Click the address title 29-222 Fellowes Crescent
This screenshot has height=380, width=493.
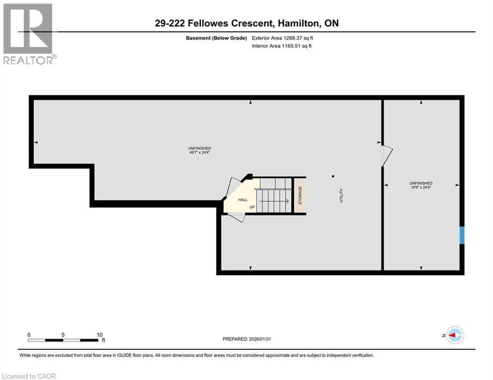[246, 24]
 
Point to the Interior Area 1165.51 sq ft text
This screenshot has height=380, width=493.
[281, 46]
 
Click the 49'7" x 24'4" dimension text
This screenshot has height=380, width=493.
[200, 152]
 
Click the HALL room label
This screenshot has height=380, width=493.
[243, 199]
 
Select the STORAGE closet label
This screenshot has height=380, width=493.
[300, 195]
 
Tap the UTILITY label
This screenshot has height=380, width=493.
[341, 195]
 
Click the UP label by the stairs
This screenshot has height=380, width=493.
[252, 207]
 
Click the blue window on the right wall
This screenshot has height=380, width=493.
[462, 235]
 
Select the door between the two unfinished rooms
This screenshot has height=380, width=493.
[386, 155]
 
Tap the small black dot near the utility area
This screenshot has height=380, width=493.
[333, 176]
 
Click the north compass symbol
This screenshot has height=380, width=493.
[454, 335]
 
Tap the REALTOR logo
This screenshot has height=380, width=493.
[29, 33]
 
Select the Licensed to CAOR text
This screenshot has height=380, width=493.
[29, 376]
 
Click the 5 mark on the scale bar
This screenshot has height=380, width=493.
[63, 334]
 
